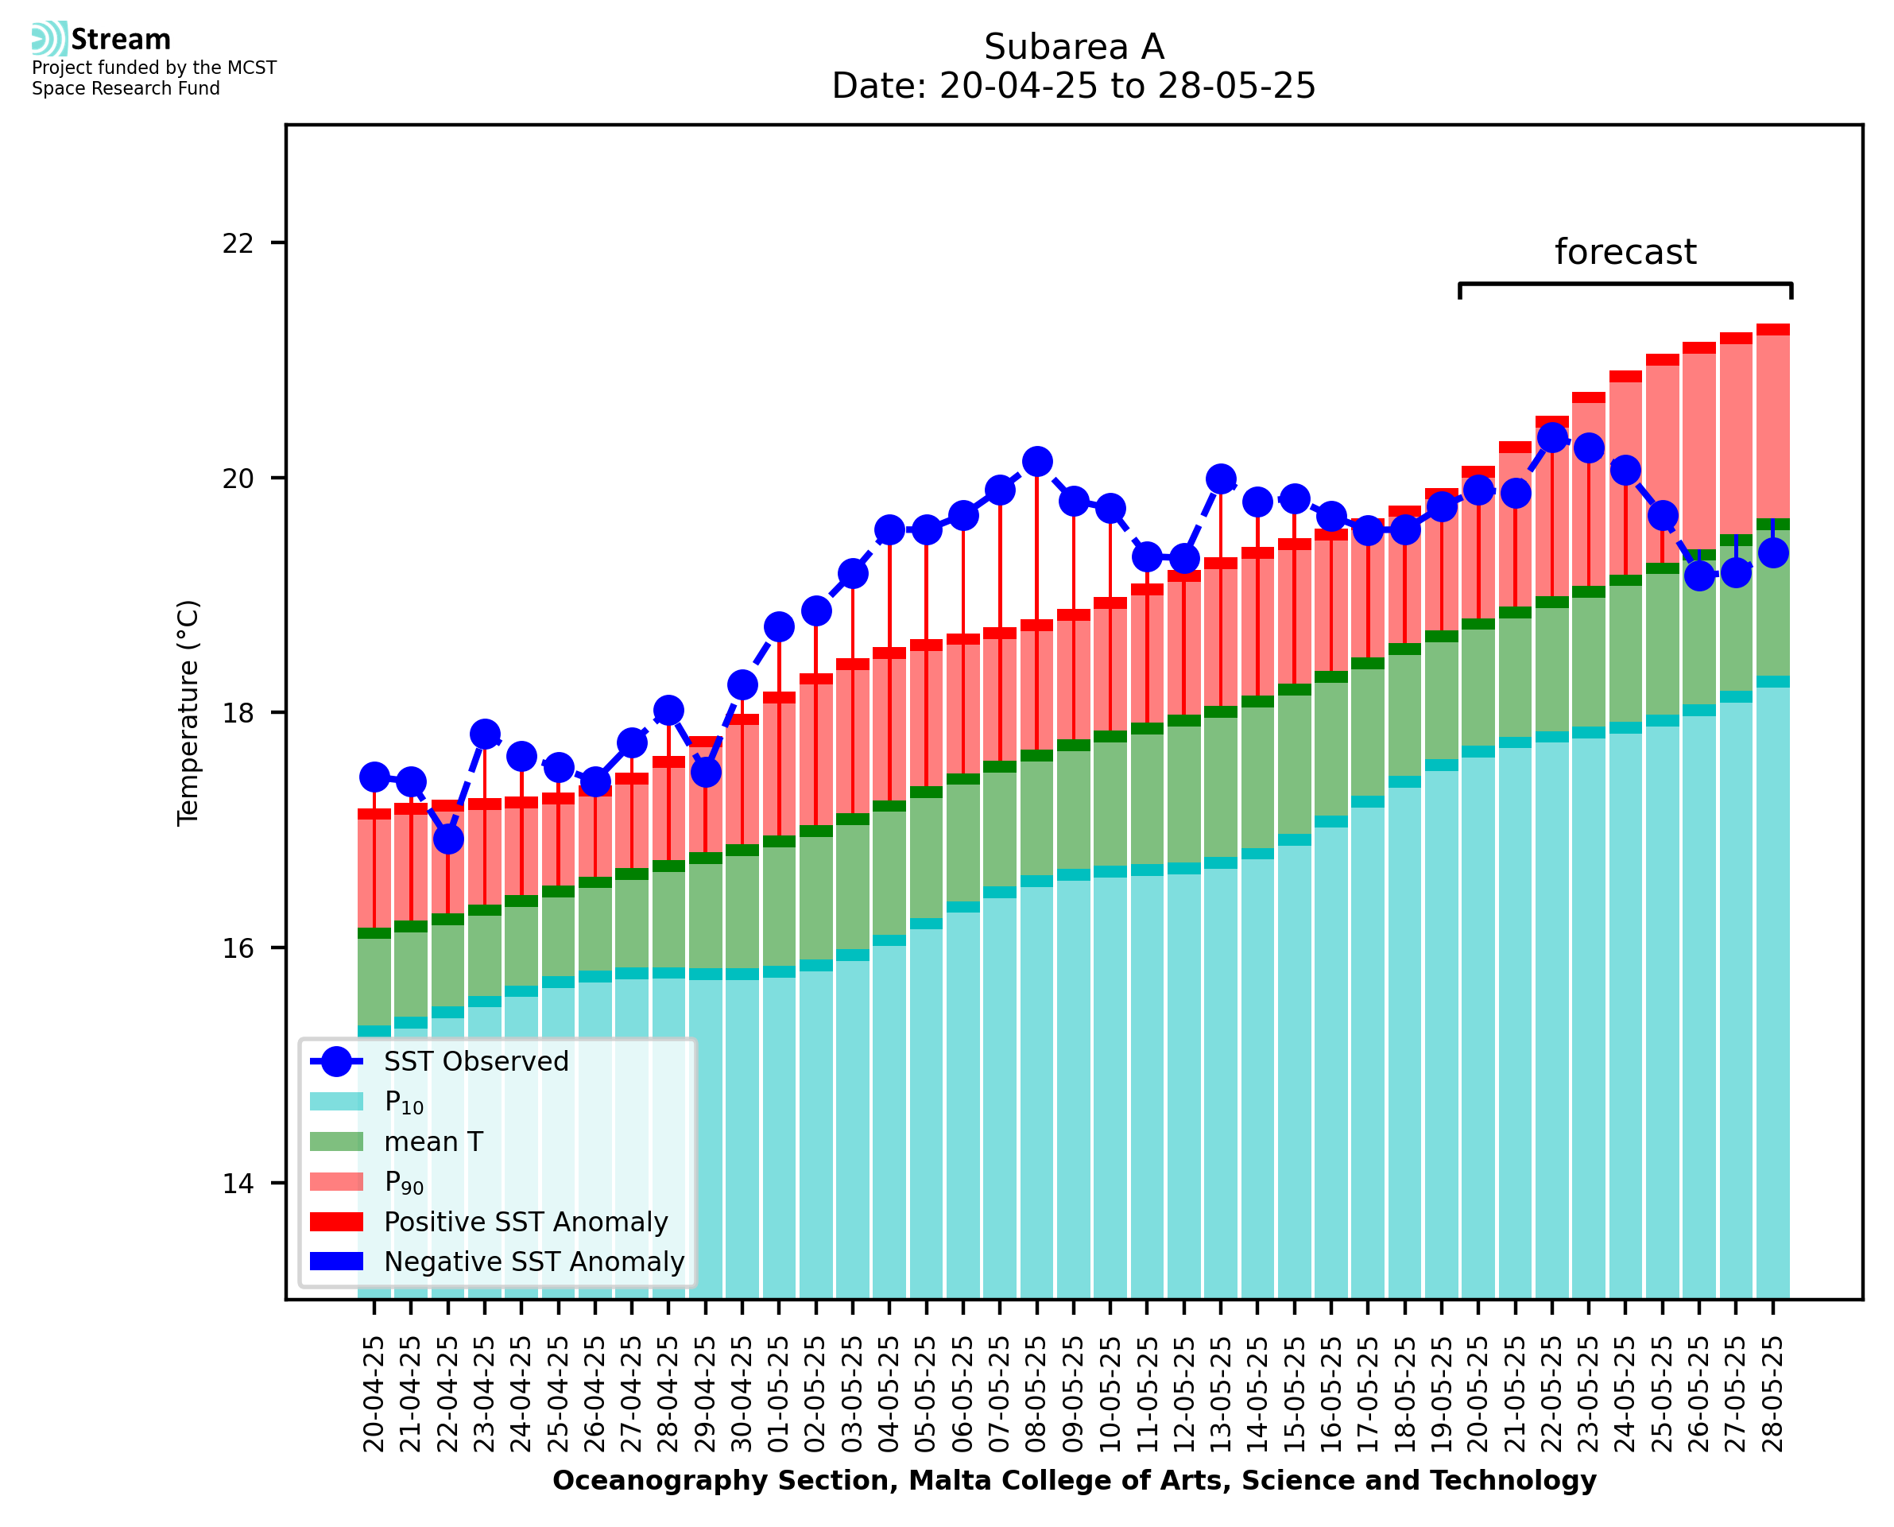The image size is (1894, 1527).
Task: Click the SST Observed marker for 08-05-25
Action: pos(1037,462)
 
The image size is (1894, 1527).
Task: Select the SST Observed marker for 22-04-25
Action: pos(448,839)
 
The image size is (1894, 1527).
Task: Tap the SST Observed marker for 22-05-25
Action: pos(1553,437)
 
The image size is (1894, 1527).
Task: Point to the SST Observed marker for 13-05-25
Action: pos(1222,479)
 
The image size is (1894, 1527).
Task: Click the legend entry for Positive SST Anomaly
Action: pos(525,1222)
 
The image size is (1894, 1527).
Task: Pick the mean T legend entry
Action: pos(432,1141)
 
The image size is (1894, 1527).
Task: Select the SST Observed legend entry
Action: pos(476,1062)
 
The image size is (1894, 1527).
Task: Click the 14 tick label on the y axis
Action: pos(238,1184)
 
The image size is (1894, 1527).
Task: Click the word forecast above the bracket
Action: pos(1625,253)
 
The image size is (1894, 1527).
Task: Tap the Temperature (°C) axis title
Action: pos(188,712)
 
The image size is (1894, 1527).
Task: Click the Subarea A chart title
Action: pos(1074,47)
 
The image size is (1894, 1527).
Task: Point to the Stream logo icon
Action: pos(49,39)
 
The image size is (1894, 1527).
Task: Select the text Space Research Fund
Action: pos(126,89)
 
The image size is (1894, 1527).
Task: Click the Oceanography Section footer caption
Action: pos(1074,1480)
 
